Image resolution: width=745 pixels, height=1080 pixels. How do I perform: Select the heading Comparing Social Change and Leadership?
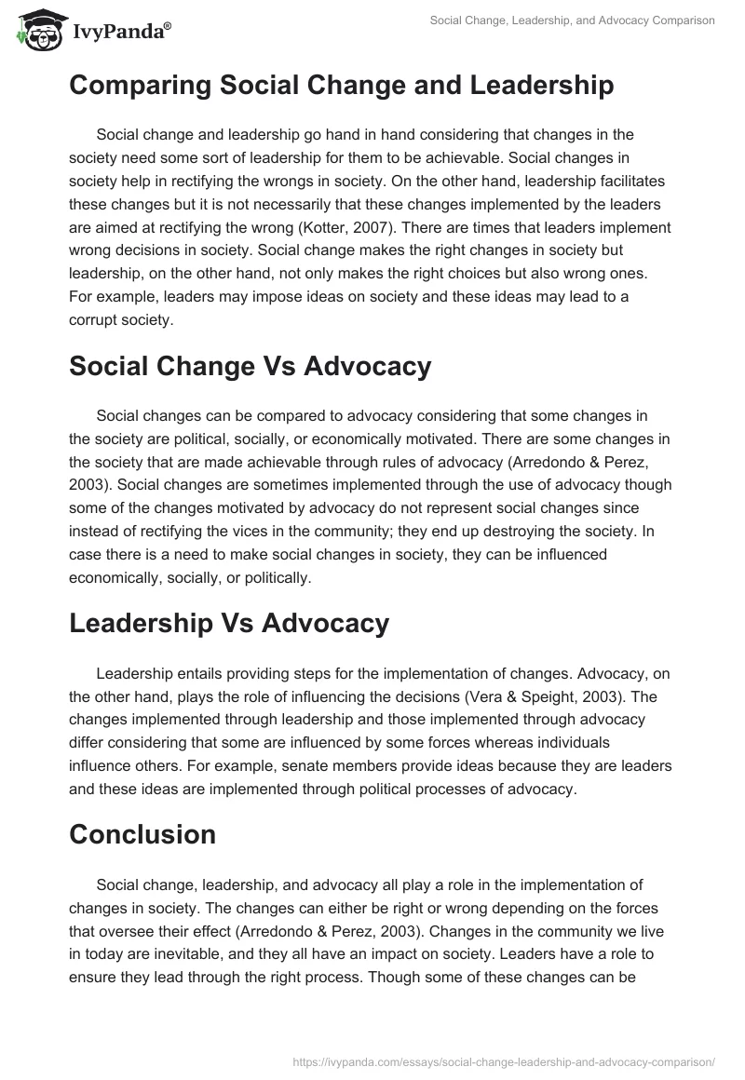[x=341, y=86]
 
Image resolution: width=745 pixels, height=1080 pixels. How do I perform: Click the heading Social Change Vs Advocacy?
[x=250, y=367]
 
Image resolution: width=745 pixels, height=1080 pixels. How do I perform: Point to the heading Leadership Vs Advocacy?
[x=228, y=624]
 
